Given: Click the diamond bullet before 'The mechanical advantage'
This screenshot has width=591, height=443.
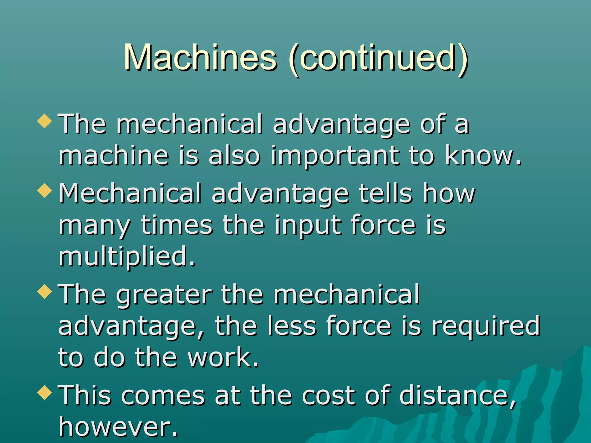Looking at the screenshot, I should (45, 121).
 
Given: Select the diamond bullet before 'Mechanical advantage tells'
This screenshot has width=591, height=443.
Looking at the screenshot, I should (45, 191).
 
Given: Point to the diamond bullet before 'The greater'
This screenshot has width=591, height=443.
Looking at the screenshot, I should (45, 291).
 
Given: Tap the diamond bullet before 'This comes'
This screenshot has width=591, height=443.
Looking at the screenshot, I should (45, 393).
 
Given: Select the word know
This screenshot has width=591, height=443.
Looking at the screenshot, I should (483, 156).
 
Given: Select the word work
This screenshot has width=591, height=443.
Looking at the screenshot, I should (223, 358).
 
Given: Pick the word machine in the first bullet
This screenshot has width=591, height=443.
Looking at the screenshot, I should (114, 156).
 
